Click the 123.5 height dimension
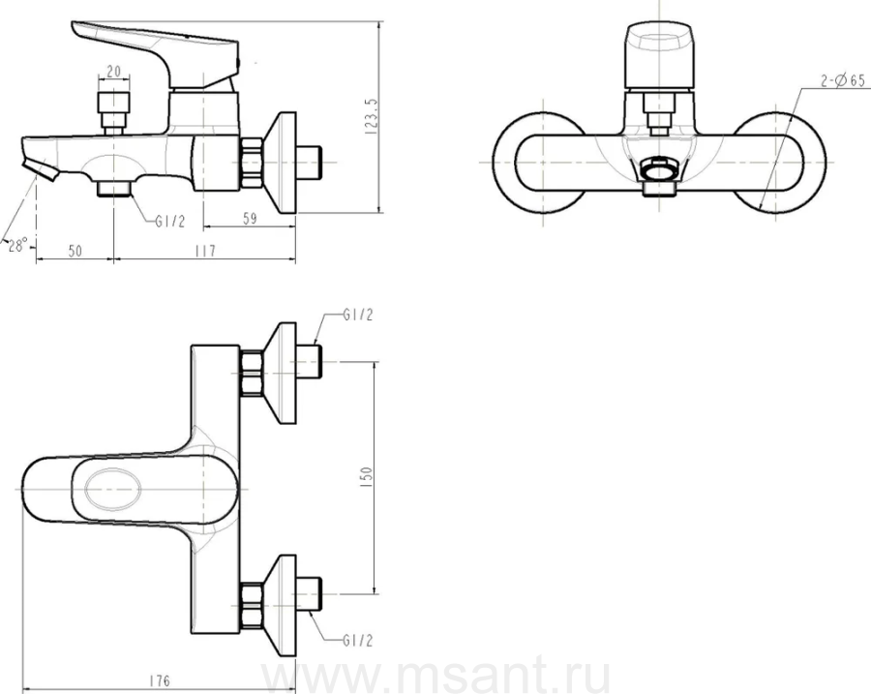click(x=372, y=116)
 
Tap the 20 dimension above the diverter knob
click(x=113, y=71)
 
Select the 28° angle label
click(x=17, y=245)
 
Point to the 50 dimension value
click(x=75, y=251)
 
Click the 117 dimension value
click(x=205, y=251)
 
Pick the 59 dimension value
click(x=250, y=219)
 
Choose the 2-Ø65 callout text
click(x=843, y=81)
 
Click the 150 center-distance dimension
click(x=367, y=478)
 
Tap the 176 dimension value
click(x=160, y=680)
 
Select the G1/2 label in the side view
click(x=170, y=222)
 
